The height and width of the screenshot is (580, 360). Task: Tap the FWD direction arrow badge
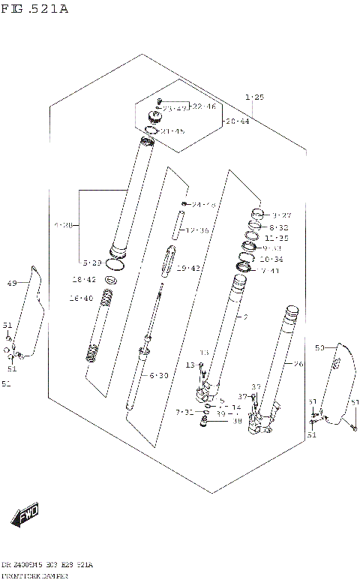25,515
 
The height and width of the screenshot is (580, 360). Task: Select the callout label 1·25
254,97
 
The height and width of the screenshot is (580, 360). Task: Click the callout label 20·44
238,121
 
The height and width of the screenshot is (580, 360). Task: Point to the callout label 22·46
203,107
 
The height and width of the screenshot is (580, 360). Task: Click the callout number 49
11,283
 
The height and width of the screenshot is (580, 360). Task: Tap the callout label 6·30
158,375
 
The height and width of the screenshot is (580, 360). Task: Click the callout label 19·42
189,268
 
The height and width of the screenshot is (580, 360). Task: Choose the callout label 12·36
196,230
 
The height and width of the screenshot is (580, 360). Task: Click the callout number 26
298,365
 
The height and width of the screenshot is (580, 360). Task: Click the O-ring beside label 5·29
114,263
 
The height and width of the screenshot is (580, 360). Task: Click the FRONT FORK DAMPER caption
35,575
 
